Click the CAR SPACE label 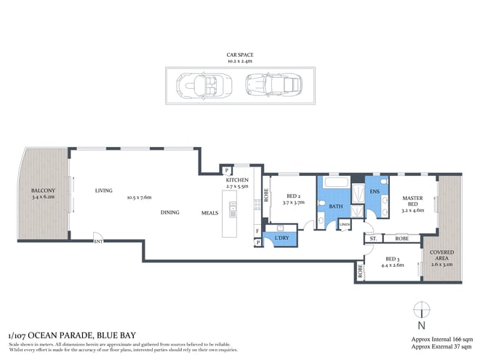point(239,54)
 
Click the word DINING point(171,212)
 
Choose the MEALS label point(211,212)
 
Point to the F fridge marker point(257,231)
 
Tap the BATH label point(337,207)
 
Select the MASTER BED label point(413,203)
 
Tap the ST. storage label point(372,238)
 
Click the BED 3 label point(391,259)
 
